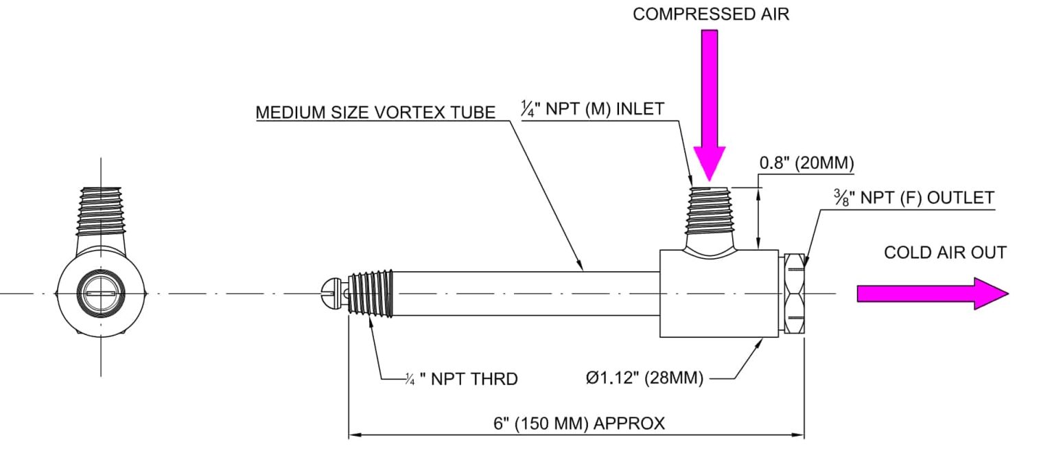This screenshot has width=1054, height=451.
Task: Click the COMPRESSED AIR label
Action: point(710,15)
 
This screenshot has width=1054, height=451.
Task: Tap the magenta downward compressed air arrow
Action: point(709,103)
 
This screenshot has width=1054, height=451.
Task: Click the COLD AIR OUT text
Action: point(945,253)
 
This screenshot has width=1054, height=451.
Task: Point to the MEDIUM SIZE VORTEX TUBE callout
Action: point(375,113)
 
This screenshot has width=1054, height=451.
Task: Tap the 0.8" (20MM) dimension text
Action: point(806,164)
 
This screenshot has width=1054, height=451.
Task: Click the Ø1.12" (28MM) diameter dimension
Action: point(644,378)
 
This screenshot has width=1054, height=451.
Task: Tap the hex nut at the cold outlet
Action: point(794,294)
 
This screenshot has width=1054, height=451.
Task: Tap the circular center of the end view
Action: point(102,294)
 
